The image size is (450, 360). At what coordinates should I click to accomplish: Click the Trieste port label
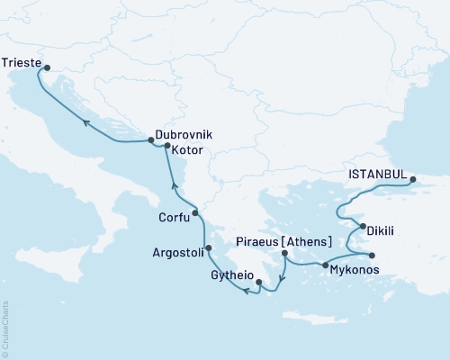[21, 64]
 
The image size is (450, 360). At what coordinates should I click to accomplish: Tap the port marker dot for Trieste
[47, 65]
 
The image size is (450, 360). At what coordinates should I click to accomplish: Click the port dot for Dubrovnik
[149, 139]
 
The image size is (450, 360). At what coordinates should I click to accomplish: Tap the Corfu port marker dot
[195, 213]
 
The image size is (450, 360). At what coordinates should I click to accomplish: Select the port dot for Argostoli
[209, 248]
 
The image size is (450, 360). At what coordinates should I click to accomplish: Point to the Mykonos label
[354, 269]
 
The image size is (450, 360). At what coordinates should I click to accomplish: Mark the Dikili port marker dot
[360, 226]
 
